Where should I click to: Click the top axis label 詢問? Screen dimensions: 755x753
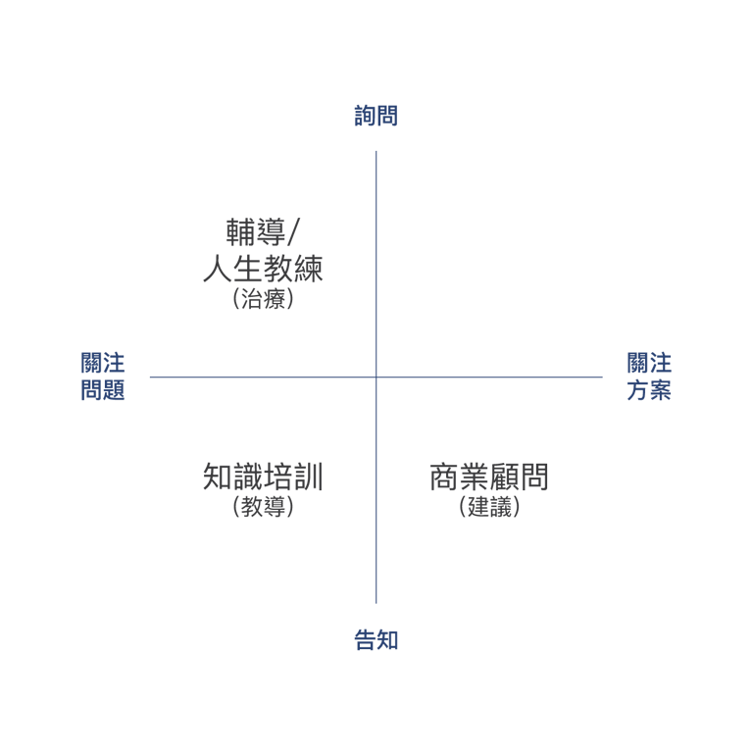(x=376, y=116)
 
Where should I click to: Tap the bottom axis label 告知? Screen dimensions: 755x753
(x=376, y=641)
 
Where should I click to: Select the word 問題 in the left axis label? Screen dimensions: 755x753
(x=103, y=390)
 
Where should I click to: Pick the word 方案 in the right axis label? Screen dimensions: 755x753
(x=649, y=390)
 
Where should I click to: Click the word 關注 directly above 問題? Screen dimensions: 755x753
(x=103, y=364)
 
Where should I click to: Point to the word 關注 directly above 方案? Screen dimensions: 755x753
(x=649, y=364)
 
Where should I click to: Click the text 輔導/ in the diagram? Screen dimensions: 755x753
(x=263, y=232)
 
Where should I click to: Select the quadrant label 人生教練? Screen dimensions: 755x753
(x=263, y=268)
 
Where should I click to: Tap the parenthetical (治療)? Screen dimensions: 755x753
(x=263, y=299)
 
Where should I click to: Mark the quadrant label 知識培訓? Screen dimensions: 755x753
(x=263, y=478)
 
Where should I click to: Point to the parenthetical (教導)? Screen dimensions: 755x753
(x=263, y=508)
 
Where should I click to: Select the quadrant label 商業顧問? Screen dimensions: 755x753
(x=489, y=478)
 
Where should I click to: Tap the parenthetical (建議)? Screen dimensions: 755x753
(x=489, y=508)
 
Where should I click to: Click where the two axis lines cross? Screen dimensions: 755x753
(x=376, y=377)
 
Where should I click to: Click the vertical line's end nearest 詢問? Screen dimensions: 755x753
(x=376, y=152)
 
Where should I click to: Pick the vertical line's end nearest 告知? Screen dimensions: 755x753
(x=376, y=602)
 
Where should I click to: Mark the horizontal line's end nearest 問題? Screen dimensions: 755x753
(x=151, y=377)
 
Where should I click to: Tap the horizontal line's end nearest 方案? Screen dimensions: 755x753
(x=601, y=377)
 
